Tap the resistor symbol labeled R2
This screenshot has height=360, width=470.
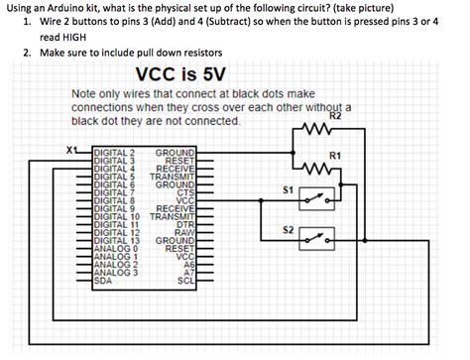(316, 128)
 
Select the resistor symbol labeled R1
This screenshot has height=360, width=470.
(316, 168)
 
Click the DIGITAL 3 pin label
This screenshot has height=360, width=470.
(113, 160)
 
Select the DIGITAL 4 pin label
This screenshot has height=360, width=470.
(113, 167)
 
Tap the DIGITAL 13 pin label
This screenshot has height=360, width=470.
(115, 240)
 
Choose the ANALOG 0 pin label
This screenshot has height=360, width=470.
(112, 248)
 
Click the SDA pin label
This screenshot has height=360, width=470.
(101, 281)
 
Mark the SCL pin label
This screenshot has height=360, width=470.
(182, 281)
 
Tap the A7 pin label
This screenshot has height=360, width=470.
(185, 273)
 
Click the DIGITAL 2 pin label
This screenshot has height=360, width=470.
(113, 152)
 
